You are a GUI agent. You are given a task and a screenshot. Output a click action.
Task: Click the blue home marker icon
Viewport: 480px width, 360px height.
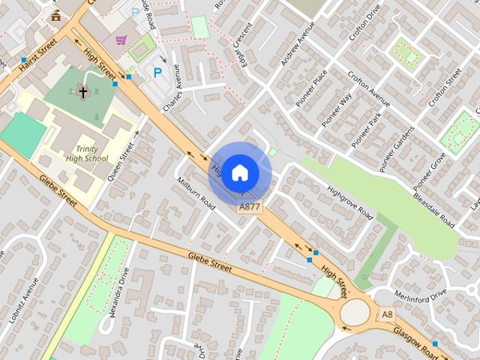coord(239,172)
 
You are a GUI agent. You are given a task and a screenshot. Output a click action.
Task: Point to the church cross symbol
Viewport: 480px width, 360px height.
coord(82,93)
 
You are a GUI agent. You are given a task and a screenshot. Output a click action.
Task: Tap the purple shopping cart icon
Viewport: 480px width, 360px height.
coord(121,40)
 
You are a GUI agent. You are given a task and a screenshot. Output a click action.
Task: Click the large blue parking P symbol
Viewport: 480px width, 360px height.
coord(157,73)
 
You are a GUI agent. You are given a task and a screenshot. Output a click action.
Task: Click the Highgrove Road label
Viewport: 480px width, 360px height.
coord(350,201)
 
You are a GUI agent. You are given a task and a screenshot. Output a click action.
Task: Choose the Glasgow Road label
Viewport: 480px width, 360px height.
coord(414,340)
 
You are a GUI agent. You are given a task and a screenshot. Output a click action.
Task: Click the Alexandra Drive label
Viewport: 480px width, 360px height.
coord(120,293)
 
